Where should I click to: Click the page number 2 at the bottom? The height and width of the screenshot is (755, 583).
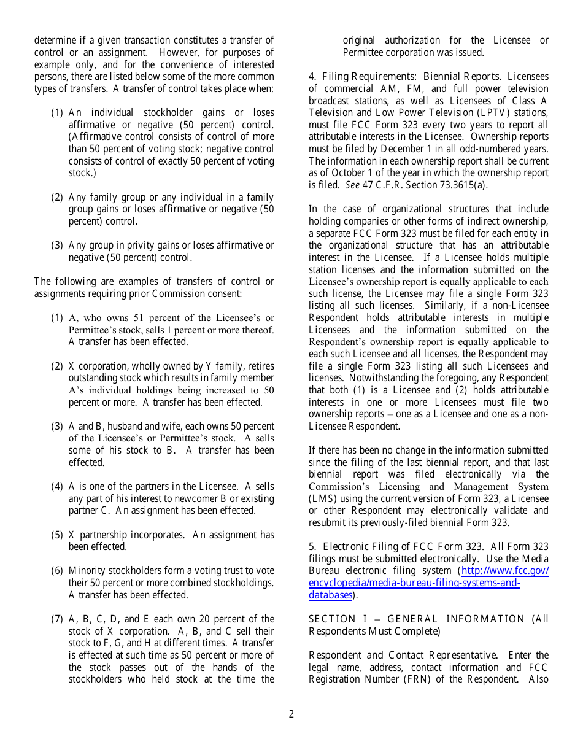click(291, 714)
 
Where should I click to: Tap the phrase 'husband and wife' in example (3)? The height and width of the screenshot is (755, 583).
click(132, 427)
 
